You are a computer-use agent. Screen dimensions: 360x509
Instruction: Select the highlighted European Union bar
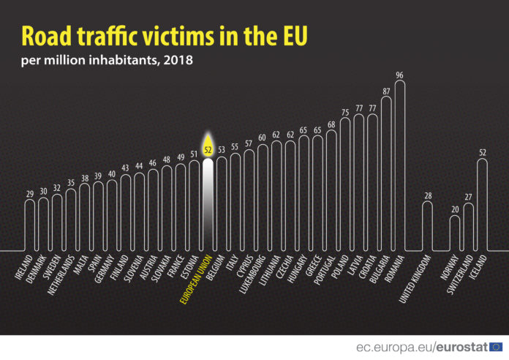click(208, 205)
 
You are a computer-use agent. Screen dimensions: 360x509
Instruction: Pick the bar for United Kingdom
click(428, 225)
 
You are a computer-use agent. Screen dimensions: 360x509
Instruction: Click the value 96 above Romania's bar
click(399, 75)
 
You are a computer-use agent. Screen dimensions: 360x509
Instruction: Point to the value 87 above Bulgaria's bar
click(386, 91)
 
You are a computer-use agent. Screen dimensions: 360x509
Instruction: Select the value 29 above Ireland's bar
click(30, 194)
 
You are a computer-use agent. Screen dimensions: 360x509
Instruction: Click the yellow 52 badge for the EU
click(208, 149)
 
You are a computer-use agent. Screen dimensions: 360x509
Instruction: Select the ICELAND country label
click(475, 267)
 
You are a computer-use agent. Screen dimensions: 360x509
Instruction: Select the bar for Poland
click(345, 183)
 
